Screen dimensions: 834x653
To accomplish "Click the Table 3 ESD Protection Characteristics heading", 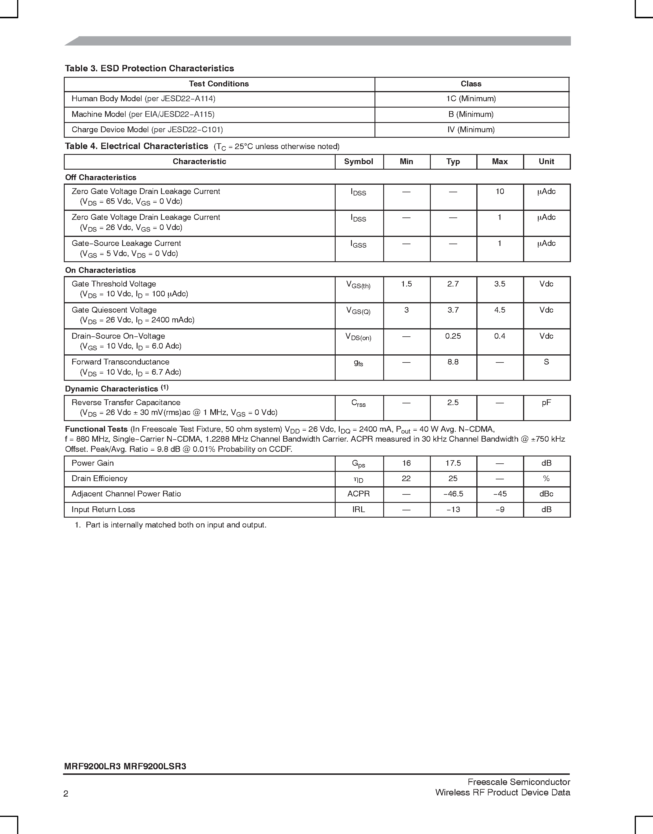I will (149, 68).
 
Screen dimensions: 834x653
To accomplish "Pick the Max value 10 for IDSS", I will (500, 191).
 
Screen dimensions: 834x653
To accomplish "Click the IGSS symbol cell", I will (358, 244).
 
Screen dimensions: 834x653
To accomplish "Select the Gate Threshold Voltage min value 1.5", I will (406, 284).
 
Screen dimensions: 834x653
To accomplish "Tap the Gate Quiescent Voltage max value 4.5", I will (500, 310).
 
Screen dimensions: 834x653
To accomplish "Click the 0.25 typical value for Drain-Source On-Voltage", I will (453, 336).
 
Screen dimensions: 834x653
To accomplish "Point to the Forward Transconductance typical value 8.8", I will (453, 362).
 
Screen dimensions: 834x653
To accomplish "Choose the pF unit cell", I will (546, 403).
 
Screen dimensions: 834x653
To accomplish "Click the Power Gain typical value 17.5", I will (453, 463).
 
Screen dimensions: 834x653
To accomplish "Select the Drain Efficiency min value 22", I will (406, 478).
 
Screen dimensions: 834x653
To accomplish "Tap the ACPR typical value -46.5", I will (453, 494).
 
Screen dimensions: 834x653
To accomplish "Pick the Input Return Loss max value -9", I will (500, 510).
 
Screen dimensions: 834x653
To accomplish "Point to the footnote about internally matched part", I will (171, 525).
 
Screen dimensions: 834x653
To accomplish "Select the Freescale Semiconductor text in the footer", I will (518, 782).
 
